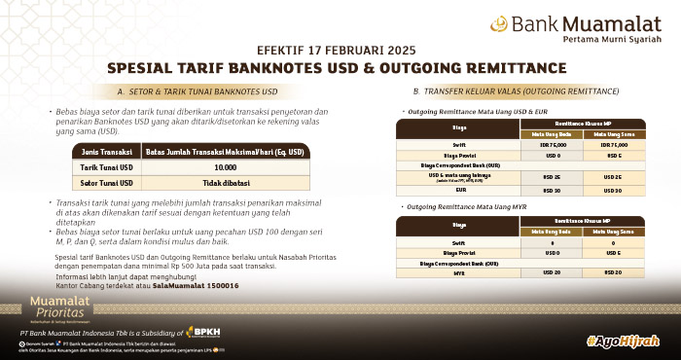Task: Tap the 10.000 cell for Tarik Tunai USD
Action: click(226, 167)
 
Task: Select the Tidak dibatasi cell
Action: click(226, 182)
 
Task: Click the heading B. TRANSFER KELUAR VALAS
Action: click(516, 90)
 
